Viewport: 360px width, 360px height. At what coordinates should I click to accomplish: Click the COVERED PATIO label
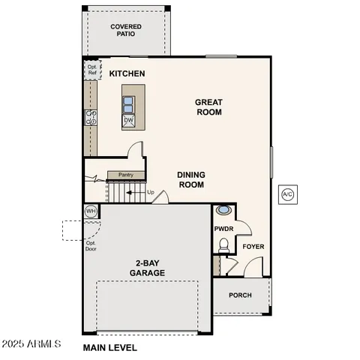pos(126,31)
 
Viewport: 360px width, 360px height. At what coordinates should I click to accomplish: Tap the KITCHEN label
pos(127,73)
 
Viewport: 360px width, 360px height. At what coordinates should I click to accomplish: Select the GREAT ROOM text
pos(208,107)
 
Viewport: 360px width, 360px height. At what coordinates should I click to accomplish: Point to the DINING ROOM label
pos(191,179)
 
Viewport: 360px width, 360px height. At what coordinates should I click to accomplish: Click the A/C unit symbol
pos(287,195)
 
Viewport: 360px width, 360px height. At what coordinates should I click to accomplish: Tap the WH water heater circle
pos(91,211)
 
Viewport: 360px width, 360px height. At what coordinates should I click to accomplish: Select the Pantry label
pos(126,175)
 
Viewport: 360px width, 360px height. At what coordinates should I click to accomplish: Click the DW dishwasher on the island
pos(129,120)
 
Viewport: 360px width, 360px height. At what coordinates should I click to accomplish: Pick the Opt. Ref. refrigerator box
pos(91,70)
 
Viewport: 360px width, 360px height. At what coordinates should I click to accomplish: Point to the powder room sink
pos(223,211)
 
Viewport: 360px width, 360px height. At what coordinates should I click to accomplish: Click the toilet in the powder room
pos(223,244)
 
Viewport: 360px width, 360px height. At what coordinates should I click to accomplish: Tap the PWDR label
pos(224,229)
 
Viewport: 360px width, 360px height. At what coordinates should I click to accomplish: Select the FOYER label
pos(253,247)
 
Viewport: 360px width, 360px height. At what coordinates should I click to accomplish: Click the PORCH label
pos(240,295)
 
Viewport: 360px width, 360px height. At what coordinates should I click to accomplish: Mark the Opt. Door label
pos(91,246)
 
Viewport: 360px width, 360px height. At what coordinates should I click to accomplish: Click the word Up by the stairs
pos(151,193)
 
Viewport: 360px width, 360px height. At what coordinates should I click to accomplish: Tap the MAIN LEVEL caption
pos(109,347)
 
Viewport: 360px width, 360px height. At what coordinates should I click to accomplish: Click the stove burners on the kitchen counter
pos(91,118)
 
